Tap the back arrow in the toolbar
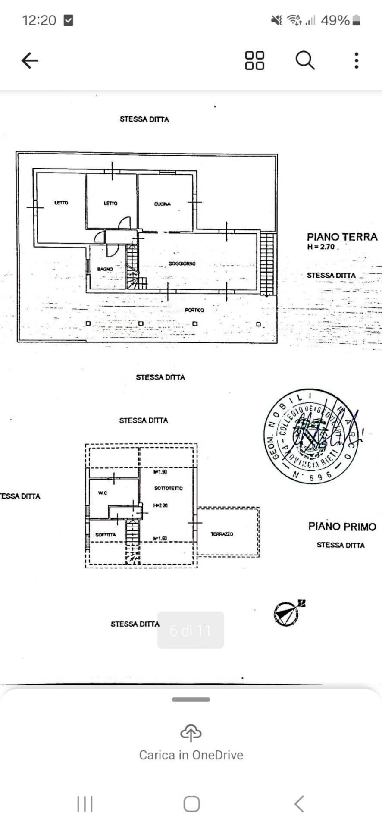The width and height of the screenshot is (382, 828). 30,60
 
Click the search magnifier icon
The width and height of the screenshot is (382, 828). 305,60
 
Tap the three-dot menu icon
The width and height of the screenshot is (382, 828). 356,60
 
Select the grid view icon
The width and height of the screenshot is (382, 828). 254,60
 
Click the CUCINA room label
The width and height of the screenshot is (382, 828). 163,204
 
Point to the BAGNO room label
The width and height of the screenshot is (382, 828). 105,269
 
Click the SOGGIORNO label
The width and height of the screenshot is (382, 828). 182,263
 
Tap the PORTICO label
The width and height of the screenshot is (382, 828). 194,310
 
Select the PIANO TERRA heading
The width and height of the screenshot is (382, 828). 342,237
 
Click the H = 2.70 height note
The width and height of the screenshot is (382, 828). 321,247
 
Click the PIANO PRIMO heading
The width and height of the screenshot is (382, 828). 342,527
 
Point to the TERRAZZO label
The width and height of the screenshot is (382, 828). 222,534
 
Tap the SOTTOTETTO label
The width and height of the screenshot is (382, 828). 168,488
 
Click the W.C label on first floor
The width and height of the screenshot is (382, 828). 103,493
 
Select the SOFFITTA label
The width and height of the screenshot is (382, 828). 106,535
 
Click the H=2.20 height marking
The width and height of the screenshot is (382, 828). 160,505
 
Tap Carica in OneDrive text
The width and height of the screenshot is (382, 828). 191,755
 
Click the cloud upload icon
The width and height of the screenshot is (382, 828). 191,733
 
